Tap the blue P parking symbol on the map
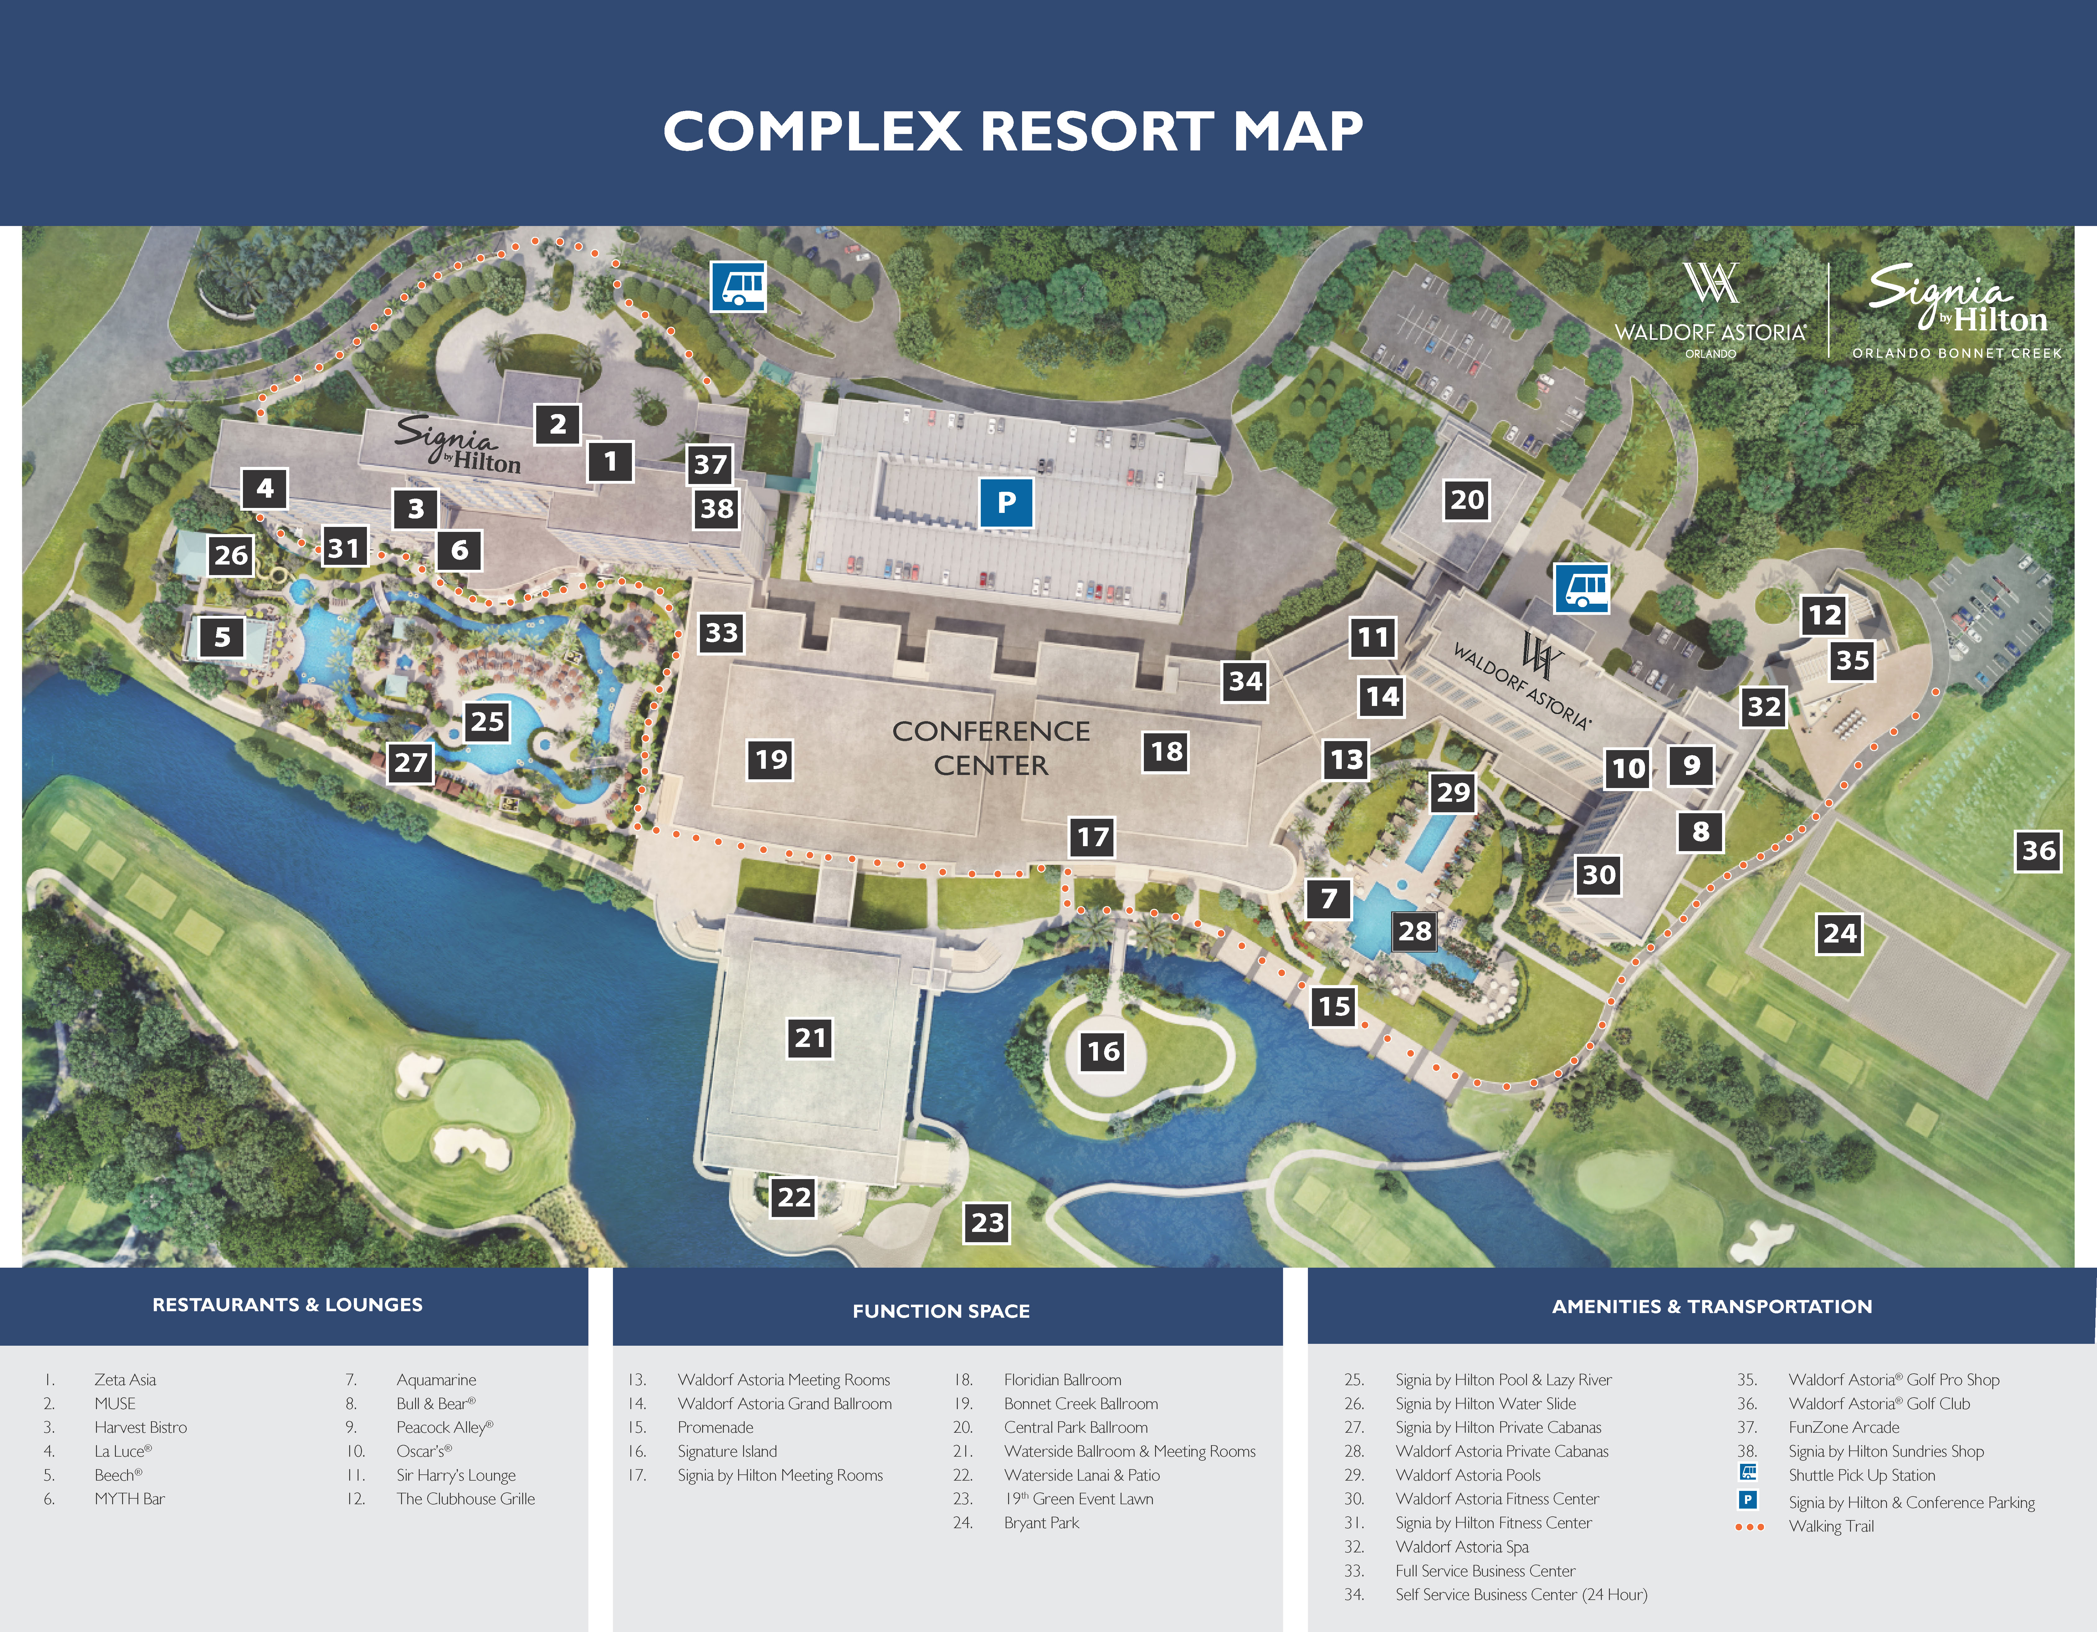(x=1005, y=502)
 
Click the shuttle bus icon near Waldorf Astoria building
(x=1580, y=587)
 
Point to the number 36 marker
(x=2037, y=850)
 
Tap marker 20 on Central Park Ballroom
(x=1466, y=500)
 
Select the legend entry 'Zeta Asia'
(x=125, y=1379)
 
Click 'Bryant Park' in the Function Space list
(x=1041, y=1523)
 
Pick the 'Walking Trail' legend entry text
(x=1830, y=1526)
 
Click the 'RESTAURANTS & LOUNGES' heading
(x=287, y=1304)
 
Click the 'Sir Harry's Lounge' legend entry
(x=456, y=1474)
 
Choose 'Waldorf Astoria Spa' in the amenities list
(x=1461, y=1547)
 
